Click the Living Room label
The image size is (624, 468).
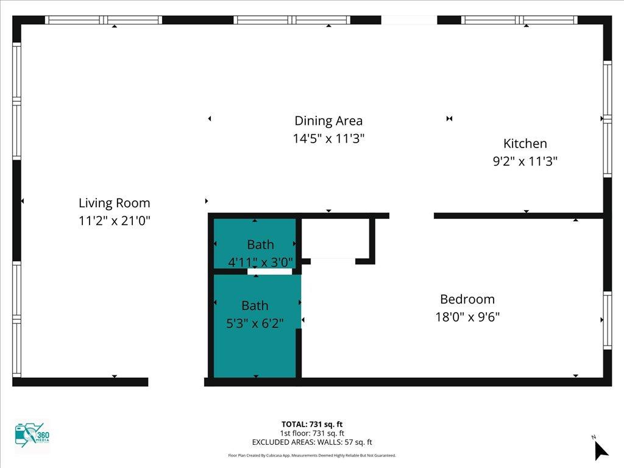114,203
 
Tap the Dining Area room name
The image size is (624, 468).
328,121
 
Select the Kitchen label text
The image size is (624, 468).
525,143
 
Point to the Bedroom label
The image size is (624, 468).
467,299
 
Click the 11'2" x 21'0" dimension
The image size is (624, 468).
115,221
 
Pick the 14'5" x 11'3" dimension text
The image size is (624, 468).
328,138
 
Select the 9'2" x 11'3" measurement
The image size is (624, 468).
525,161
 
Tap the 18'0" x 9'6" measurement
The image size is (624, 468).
467,317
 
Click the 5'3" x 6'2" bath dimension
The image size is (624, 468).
255,323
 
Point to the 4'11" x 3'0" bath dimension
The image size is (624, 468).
260,262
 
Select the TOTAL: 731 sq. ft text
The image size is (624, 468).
312,424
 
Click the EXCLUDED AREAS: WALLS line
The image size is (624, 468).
312,442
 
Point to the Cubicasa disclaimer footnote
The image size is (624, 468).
312,455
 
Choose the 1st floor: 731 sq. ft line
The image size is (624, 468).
312,433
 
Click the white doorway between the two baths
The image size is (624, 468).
269,272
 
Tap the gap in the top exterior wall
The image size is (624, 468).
409,20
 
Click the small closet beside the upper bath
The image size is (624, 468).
337,238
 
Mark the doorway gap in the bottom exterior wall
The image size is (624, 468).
176,382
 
